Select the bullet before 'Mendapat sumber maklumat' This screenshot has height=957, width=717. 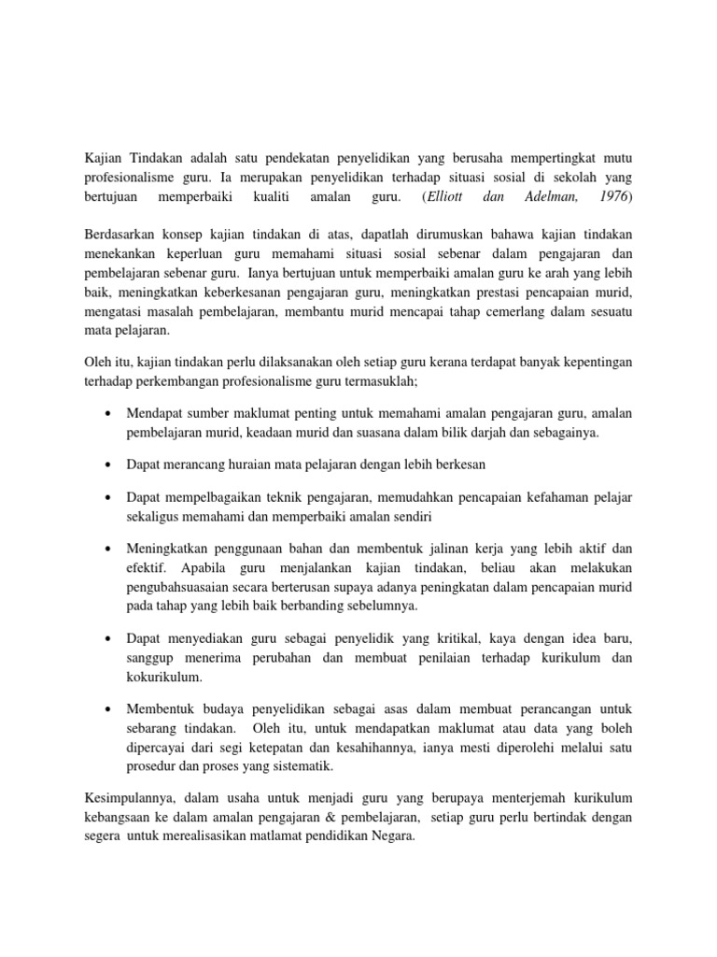(x=111, y=414)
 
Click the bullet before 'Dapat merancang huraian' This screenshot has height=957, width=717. (x=111, y=464)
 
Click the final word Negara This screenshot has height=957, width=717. (x=394, y=838)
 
